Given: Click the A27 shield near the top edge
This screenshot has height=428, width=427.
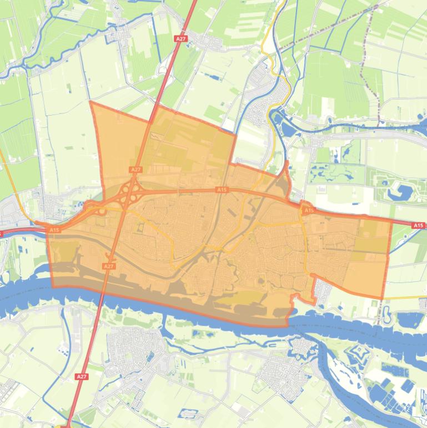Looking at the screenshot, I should [180, 39].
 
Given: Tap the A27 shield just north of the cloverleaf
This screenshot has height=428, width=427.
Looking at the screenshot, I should [135, 170].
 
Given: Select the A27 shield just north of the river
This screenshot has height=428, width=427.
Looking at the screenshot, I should [109, 267].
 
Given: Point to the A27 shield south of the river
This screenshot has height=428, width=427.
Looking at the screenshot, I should [82, 377].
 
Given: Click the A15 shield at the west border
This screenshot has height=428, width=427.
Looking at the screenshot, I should [54, 230].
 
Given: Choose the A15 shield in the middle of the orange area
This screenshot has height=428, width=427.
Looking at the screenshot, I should [222, 190].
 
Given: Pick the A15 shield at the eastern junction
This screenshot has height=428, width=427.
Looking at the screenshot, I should [309, 211].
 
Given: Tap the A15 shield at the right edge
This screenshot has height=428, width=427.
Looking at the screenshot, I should [418, 226].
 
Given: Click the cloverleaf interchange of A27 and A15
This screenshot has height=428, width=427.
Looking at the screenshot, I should [129, 195].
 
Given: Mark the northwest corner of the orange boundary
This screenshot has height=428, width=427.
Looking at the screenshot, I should [91, 102].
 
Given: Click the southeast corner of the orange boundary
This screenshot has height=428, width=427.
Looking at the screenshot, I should [383, 298].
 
